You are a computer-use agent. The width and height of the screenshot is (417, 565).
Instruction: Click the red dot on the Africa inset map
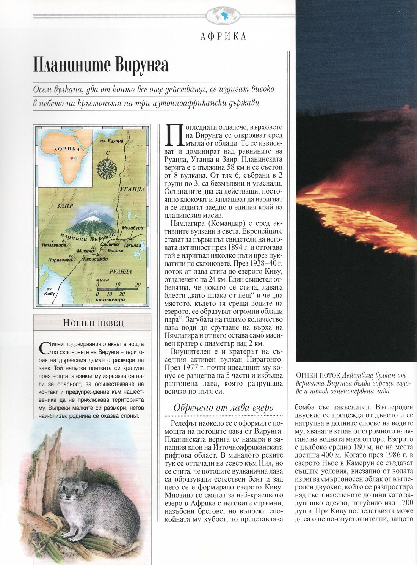pos(71,158)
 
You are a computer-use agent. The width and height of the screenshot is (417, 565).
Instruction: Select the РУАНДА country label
pos(121,272)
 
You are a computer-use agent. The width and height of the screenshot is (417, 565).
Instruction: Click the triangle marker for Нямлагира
pos(62,241)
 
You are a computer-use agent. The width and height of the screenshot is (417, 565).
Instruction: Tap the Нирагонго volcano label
pos(60,260)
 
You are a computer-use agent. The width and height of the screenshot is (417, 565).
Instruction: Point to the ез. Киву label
pos(49,291)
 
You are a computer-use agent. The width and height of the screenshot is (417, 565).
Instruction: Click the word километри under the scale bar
pos(111,299)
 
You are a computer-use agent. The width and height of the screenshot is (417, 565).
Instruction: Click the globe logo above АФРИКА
pos(223,16)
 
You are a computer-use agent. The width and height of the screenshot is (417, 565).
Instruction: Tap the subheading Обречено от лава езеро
pos(223,408)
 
